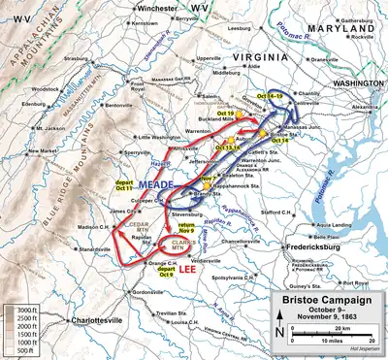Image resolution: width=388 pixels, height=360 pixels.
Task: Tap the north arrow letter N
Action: (x=278, y=333)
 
